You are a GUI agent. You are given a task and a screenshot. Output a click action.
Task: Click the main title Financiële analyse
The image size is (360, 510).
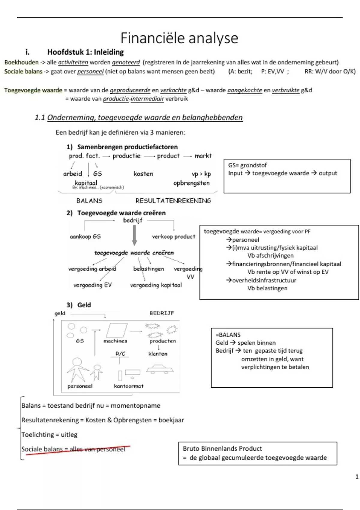click(x=179, y=38)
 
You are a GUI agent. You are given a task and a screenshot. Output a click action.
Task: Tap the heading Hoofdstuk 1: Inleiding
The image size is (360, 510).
click(x=85, y=52)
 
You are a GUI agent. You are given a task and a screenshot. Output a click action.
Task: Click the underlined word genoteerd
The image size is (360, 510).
click(x=126, y=62)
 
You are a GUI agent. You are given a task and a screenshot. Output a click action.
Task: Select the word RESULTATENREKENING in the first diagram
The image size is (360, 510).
click(x=173, y=201)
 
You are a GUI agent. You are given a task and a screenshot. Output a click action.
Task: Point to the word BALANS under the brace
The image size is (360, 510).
click(x=89, y=201)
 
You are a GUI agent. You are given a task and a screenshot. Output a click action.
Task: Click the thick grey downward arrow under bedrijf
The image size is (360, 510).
click(x=135, y=235)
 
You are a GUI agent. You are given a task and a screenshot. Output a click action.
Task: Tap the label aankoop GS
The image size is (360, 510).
click(x=85, y=237)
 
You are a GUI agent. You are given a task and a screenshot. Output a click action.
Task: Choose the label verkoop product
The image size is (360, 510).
click(x=173, y=237)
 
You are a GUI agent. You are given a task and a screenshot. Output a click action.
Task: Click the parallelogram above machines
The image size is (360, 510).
click(x=117, y=330)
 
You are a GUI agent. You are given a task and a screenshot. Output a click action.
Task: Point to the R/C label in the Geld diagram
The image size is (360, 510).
click(x=120, y=354)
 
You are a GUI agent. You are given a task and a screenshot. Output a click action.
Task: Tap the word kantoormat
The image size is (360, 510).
click(x=128, y=386)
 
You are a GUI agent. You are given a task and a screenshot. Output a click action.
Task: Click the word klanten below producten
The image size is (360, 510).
click(x=158, y=354)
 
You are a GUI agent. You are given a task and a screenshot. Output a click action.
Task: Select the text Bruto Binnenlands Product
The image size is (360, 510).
click(x=222, y=448)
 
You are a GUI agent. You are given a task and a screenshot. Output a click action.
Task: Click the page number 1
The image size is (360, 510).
click(x=357, y=477)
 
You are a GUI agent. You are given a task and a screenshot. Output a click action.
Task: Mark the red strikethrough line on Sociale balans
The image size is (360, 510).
click(x=78, y=450)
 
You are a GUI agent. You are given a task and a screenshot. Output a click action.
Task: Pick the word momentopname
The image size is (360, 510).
click(x=136, y=406)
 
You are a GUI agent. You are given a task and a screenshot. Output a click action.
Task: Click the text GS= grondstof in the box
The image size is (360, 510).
click(x=247, y=165)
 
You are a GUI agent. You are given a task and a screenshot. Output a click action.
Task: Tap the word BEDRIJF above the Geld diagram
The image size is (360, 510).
click(x=162, y=313)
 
